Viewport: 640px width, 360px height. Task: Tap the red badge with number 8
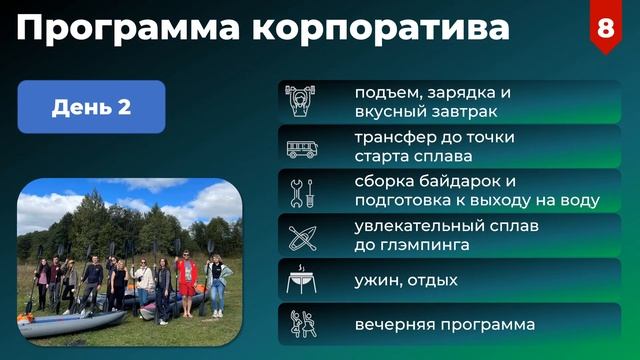[x=606, y=27]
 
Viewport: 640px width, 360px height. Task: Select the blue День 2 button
[x=91, y=107]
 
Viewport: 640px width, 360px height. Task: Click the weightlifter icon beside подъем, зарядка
[x=301, y=102]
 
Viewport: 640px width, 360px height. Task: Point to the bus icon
[x=301, y=149]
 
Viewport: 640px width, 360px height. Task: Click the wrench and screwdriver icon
[x=301, y=191]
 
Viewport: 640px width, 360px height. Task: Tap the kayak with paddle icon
[x=301, y=236]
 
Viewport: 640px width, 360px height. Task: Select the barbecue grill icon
[x=301, y=281]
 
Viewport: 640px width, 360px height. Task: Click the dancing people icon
[x=301, y=325]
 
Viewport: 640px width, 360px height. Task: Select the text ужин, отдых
[x=406, y=281]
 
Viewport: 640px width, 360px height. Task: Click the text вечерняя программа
[x=444, y=325]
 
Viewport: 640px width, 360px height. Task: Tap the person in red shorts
[x=187, y=283]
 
